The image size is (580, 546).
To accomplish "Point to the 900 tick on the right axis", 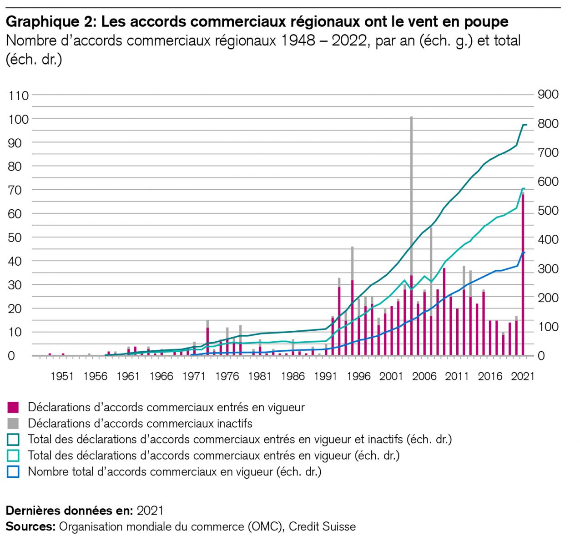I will (x=548, y=95).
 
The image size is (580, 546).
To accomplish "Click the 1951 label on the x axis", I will (x=62, y=376).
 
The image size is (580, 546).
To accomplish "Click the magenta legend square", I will (x=14, y=407).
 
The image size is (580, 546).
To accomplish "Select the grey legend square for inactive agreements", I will (x=14, y=424).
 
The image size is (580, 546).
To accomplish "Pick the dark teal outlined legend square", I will (x=14, y=440).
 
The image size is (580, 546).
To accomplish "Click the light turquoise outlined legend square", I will (x=14, y=455).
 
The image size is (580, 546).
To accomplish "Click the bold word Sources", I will (x=30, y=527).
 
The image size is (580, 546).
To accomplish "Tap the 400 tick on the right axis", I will (x=548, y=240).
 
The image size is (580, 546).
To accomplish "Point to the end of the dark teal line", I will (x=525, y=125).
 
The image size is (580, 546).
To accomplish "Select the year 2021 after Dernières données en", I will (x=150, y=511).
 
